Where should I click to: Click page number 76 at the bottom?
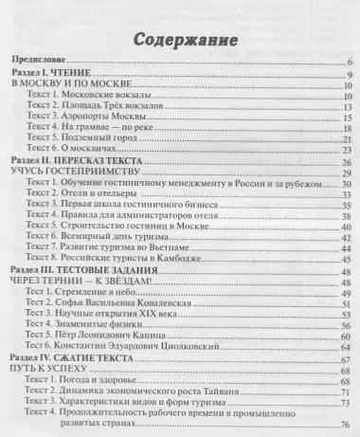point(345,424)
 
